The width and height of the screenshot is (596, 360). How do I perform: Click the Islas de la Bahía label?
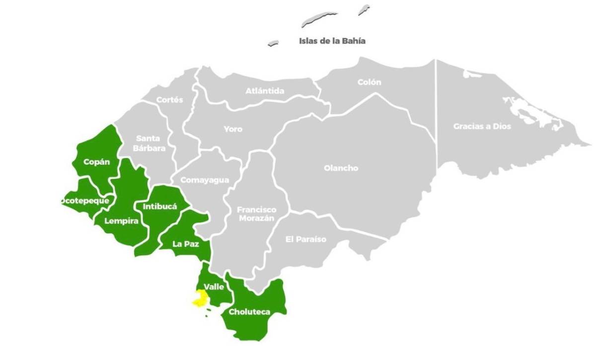pos(332,41)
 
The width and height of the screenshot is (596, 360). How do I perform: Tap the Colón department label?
pos(369,82)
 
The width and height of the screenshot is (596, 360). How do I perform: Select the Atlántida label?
pos(265,91)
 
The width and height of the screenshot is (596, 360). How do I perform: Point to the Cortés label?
pos(169,100)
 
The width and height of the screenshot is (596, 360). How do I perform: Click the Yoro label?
pos(233,129)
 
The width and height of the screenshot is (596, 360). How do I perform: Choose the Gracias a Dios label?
pos(482,126)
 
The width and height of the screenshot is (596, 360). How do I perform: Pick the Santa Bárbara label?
pos(148,143)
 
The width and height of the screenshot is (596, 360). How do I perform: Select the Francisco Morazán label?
pos(256,214)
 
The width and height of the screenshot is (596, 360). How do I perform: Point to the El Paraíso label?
pos(306,239)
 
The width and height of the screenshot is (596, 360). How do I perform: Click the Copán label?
pos(96,162)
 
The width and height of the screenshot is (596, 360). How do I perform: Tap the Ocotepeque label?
pos(84,201)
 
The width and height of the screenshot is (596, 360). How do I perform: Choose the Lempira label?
pos(121,221)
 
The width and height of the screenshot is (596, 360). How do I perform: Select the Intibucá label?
pos(160,207)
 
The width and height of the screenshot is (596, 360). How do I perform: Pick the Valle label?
pos(214,287)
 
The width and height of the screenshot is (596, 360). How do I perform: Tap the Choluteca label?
pos(249,312)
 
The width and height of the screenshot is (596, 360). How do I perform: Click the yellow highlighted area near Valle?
pos(200,298)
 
